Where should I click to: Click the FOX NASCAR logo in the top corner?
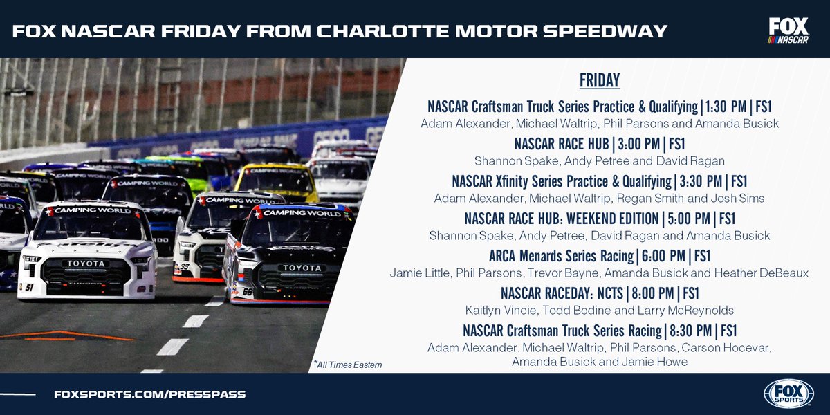(788, 31)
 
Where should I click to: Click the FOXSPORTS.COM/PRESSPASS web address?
(149, 394)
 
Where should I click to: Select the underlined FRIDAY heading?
(599, 80)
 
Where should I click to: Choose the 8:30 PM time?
(692, 331)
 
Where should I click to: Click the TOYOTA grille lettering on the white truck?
(86, 264)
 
